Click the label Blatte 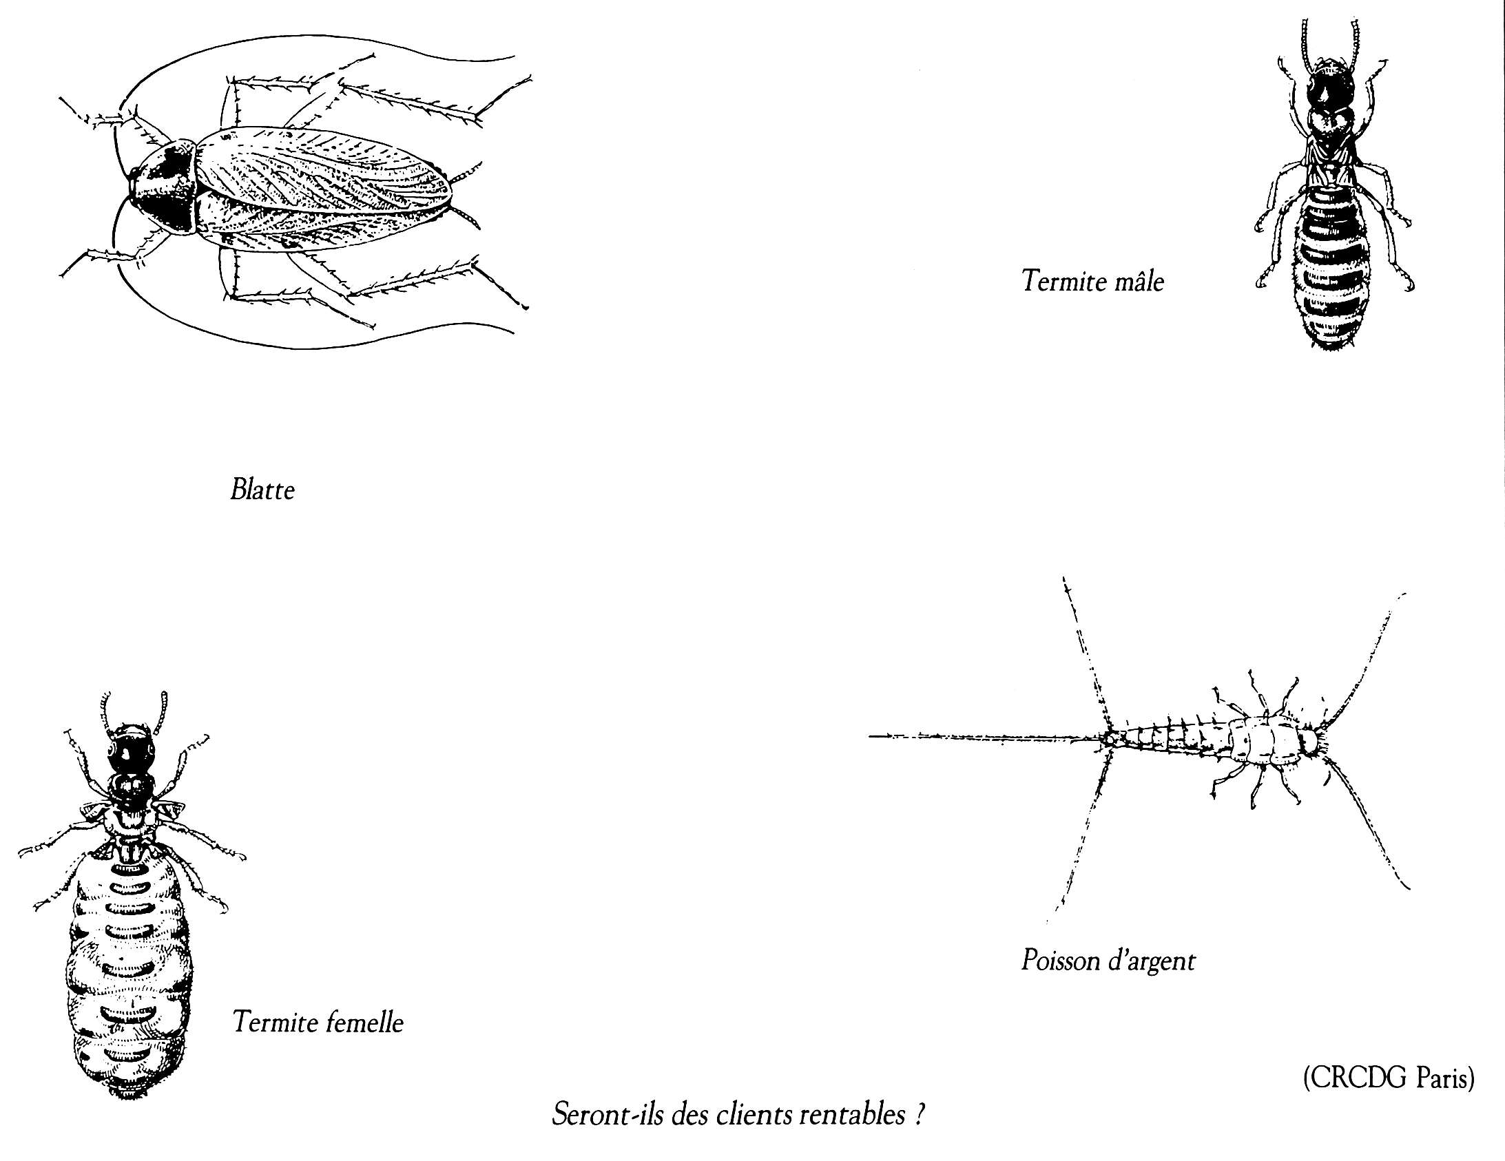tap(262, 490)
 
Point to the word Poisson tap(1061, 960)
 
